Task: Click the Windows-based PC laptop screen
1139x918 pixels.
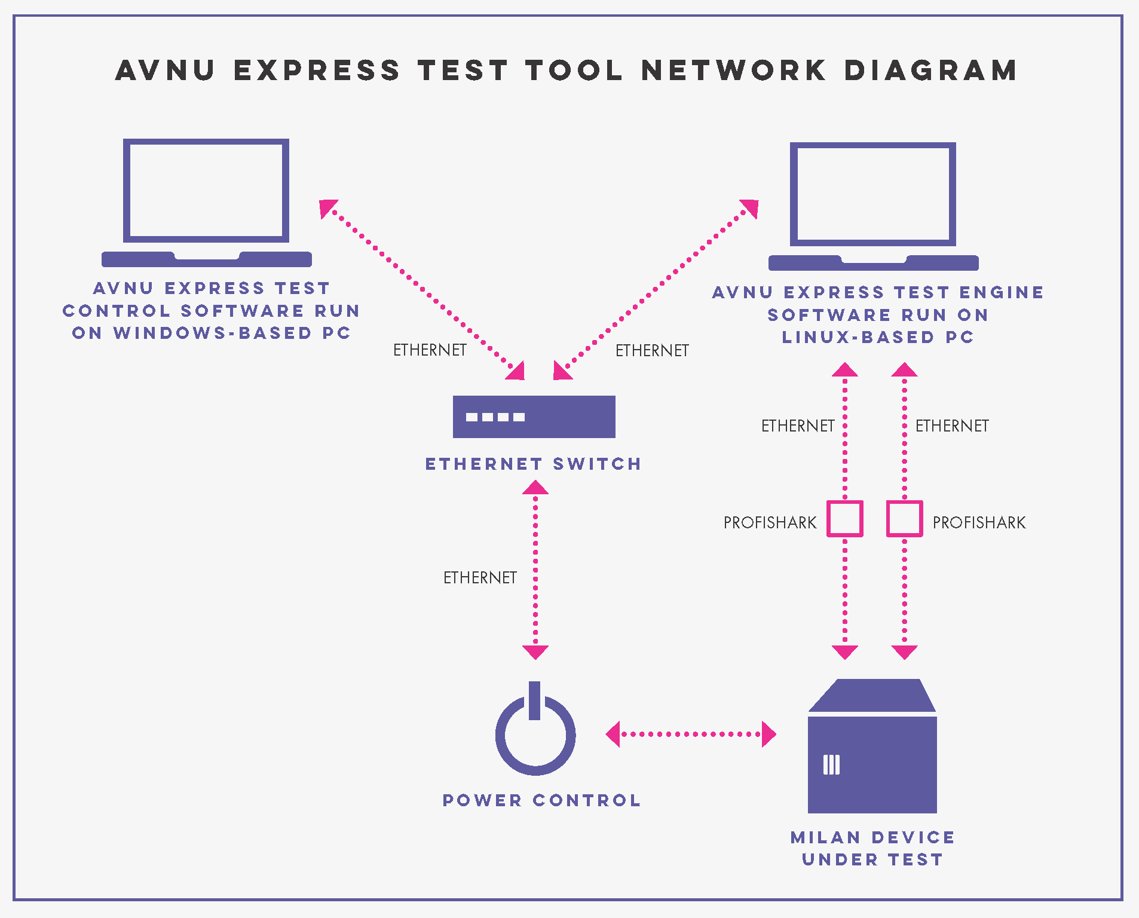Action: click(206, 191)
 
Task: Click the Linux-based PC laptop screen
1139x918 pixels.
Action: click(872, 194)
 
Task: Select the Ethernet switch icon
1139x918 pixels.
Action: click(534, 417)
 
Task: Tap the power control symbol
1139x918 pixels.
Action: click(535, 732)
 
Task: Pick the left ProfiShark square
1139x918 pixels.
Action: click(844, 518)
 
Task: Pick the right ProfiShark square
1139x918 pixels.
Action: click(904, 518)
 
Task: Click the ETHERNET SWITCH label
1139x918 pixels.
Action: click(533, 464)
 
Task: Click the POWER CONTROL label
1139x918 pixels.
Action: click(541, 800)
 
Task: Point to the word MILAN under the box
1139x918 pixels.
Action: click(825, 837)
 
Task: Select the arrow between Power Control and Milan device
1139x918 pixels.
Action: click(691, 734)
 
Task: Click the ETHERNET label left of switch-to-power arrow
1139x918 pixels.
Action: click(479, 577)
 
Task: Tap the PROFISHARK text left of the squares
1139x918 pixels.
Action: click(770, 522)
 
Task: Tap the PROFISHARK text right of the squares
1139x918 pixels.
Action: click(979, 522)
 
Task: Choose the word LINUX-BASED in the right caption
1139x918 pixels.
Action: click(858, 337)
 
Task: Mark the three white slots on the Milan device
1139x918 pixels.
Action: click(831, 764)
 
